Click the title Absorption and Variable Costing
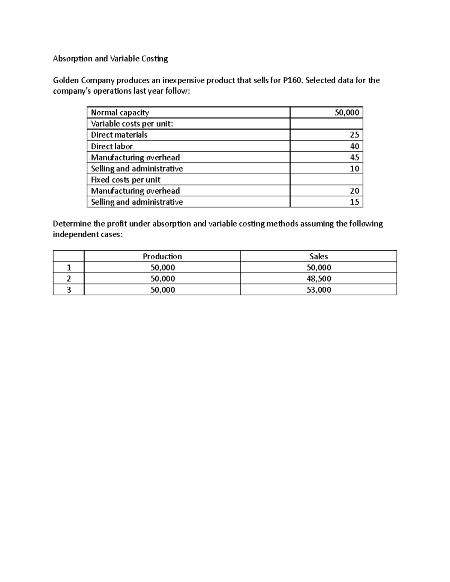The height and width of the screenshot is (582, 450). (x=110, y=59)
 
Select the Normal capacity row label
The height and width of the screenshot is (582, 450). (x=120, y=113)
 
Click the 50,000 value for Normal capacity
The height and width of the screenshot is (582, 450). (x=346, y=113)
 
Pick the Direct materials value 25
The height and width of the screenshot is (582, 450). (x=354, y=135)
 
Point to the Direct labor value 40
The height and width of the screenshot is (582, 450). (x=354, y=146)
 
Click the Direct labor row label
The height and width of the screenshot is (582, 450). (x=112, y=146)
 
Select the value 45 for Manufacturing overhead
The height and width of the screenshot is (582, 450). (x=354, y=157)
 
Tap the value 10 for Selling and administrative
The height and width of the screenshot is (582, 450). (x=354, y=169)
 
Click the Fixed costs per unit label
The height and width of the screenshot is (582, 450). (x=126, y=180)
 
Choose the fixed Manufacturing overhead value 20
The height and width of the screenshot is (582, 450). (x=354, y=191)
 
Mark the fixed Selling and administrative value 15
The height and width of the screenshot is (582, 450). (x=354, y=202)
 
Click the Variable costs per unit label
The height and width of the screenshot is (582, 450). (x=132, y=124)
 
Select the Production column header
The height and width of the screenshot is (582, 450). (x=162, y=257)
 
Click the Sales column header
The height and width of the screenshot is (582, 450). (x=318, y=257)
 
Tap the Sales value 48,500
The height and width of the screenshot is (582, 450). (x=318, y=279)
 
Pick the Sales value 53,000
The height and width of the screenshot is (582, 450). (x=318, y=290)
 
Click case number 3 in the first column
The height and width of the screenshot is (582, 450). (x=68, y=290)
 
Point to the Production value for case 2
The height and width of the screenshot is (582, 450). (x=162, y=279)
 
